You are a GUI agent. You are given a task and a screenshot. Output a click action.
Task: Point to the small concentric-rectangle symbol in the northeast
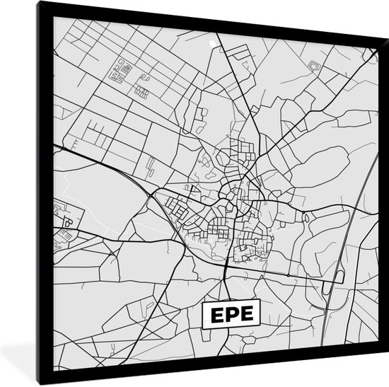(x=315, y=67)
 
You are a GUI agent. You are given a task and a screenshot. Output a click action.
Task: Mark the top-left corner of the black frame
(x=37, y=4)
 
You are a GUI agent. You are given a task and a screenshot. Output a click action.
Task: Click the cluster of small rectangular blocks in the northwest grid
(x=124, y=70)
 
